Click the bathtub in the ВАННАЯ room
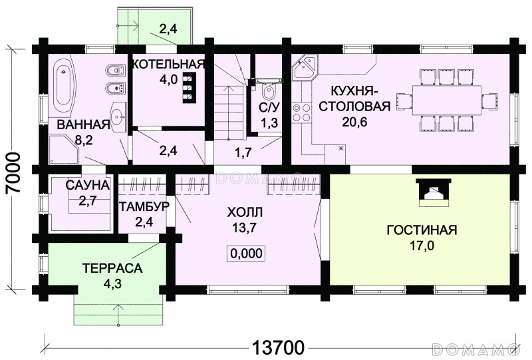(63, 86)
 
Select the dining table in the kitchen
(447, 100)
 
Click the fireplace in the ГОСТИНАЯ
(434, 193)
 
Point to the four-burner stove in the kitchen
(301, 112)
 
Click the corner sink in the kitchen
(305, 68)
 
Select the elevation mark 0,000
(246, 254)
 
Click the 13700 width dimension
(278, 348)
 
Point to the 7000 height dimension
(13, 172)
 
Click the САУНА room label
(88, 186)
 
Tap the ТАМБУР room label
(144, 206)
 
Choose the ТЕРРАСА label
(112, 268)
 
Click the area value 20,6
(354, 121)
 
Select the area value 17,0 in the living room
(422, 246)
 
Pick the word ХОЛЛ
(245, 212)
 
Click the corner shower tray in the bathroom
(64, 150)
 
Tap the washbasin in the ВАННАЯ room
(118, 118)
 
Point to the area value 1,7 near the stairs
(243, 152)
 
